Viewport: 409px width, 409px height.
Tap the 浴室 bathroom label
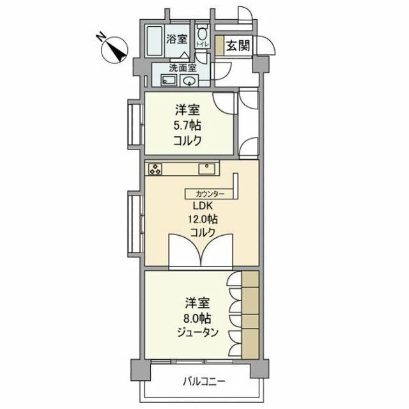click(176, 39)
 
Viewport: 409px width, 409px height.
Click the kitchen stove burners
click(156, 169)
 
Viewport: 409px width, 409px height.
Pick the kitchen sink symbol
click(206, 169)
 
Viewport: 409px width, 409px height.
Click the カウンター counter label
click(210, 193)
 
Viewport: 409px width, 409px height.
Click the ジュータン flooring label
click(199, 332)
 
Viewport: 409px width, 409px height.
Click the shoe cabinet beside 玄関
click(219, 46)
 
